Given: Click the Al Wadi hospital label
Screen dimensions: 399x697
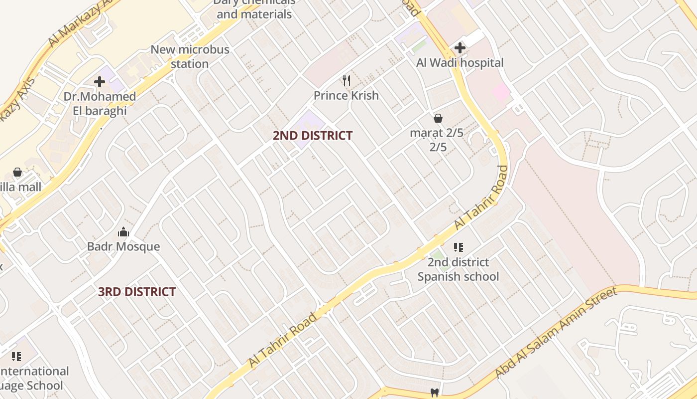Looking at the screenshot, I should (460, 63).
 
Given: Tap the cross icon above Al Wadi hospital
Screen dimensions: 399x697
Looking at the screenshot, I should (460, 48).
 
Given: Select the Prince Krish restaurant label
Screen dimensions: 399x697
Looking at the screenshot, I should (346, 95).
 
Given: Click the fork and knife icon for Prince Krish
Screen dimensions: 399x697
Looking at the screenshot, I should (347, 80).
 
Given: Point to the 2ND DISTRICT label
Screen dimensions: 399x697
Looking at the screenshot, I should (313, 135).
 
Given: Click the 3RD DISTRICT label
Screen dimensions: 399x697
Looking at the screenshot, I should (137, 292).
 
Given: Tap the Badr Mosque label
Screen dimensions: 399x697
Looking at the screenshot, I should (123, 246).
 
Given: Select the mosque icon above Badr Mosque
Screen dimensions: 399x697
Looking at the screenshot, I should (123, 232).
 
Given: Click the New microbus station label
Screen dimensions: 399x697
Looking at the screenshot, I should (190, 56).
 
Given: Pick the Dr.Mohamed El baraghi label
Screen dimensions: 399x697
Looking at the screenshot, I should (100, 103).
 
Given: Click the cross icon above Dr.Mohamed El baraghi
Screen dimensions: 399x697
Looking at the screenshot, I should (100, 81).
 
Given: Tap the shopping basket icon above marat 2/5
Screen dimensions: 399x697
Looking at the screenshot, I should (438, 118).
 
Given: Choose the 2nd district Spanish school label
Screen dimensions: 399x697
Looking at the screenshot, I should (458, 269).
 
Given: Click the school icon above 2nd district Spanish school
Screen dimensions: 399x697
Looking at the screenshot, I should (458, 247).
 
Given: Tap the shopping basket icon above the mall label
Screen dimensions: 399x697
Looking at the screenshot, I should (17, 172).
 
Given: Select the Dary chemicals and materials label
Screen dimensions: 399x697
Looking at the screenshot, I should (254, 8).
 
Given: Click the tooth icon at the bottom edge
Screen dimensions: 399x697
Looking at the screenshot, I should (434, 393).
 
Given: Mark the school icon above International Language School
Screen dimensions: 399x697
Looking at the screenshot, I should (16, 356).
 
